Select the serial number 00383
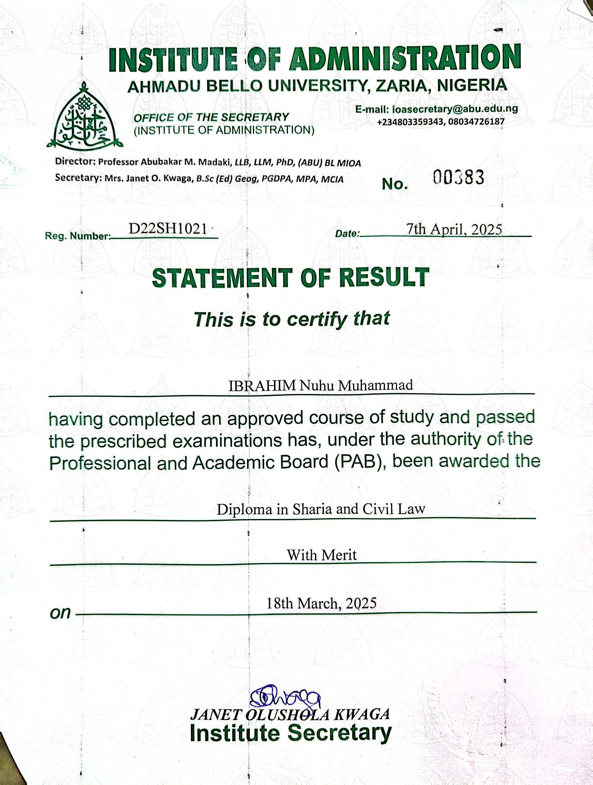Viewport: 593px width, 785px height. (x=459, y=177)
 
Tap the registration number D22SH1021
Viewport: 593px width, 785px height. (x=168, y=229)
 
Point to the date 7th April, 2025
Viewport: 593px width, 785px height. (x=454, y=229)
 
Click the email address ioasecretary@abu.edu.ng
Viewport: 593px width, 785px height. (x=455, y=109)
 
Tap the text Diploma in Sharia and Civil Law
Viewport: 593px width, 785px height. (x=321, y=509)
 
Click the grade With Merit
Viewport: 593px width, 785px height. (x=322, y=555)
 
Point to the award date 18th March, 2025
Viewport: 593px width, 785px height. (x=321, y=603)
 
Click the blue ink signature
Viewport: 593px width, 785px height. (x=285, y=698)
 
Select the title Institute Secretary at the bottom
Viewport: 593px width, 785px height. (x=290, y=733)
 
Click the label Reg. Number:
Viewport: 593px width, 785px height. (x=78, y=236)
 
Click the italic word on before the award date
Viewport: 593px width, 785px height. (x=60, y=612)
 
